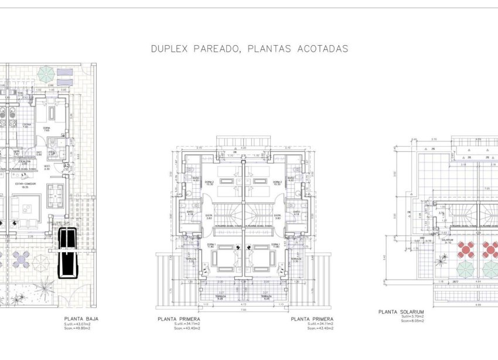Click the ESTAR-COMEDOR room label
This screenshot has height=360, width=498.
click(26, 184)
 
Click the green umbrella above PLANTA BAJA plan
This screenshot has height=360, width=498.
click(46, 74)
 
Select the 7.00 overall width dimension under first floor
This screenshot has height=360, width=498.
click(243, 310)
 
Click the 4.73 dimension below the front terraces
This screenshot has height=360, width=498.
click(243, 305)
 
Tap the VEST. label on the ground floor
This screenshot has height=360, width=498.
click(47, 167)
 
